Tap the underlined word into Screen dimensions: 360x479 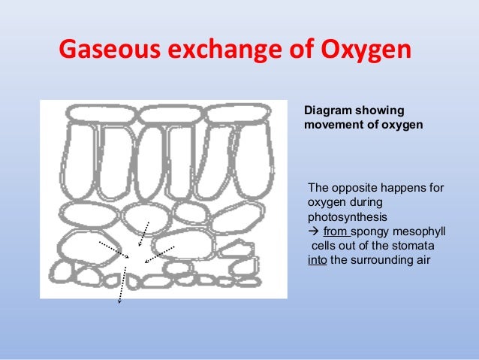tap(317, 262)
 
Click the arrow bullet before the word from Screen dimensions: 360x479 tap(314, 232)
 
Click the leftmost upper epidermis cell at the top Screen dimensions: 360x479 tap(100, 115)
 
